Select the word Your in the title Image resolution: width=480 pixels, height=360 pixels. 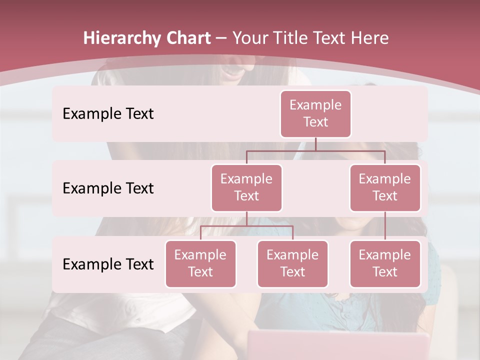point(251,38)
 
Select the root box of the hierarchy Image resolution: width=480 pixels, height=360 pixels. point(315,113)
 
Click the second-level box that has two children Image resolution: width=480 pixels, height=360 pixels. point(246,187)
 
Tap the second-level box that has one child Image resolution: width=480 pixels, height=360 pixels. point(385,187)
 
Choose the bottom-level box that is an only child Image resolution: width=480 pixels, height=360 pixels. point(385,263)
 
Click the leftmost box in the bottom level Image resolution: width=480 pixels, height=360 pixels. point(200,263)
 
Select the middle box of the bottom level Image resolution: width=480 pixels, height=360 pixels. point(292,263)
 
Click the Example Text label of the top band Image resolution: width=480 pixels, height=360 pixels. point(108,113)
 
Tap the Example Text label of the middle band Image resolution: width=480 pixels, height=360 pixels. point(108,188)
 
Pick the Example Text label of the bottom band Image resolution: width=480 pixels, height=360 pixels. point(108,264)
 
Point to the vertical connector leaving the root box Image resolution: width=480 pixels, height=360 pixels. point(315,144)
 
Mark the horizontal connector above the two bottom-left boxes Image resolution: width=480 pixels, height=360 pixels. point(246,226)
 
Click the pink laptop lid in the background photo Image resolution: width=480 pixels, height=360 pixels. point(340,345)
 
